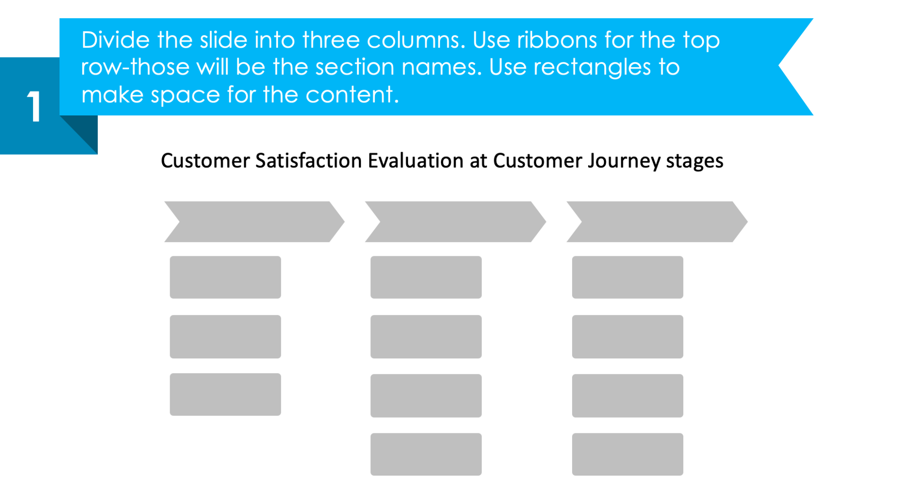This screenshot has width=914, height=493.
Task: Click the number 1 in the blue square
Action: tap(34, 107)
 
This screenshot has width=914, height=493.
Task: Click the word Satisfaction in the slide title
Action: tap(308, 161)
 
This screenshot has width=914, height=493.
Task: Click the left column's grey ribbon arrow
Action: tap(254, 222)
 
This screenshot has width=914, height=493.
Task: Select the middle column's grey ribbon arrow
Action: tap(455, 222)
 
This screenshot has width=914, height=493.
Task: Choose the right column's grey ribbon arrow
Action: tap(657, 222)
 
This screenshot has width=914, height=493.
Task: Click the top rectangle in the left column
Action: tap(225, 277)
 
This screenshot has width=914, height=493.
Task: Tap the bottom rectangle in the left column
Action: tap(225, 394)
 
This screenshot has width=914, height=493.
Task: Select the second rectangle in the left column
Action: tap(225, 337)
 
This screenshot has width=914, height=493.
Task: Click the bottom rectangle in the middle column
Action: tap(426, 454)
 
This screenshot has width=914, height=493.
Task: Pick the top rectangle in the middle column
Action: tap(426, 277)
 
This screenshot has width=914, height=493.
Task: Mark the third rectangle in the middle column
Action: tap(426, 395)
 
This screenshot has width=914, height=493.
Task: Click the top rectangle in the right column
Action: tap(627, 277)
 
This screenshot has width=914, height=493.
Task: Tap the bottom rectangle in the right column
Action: tap(627, 454)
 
